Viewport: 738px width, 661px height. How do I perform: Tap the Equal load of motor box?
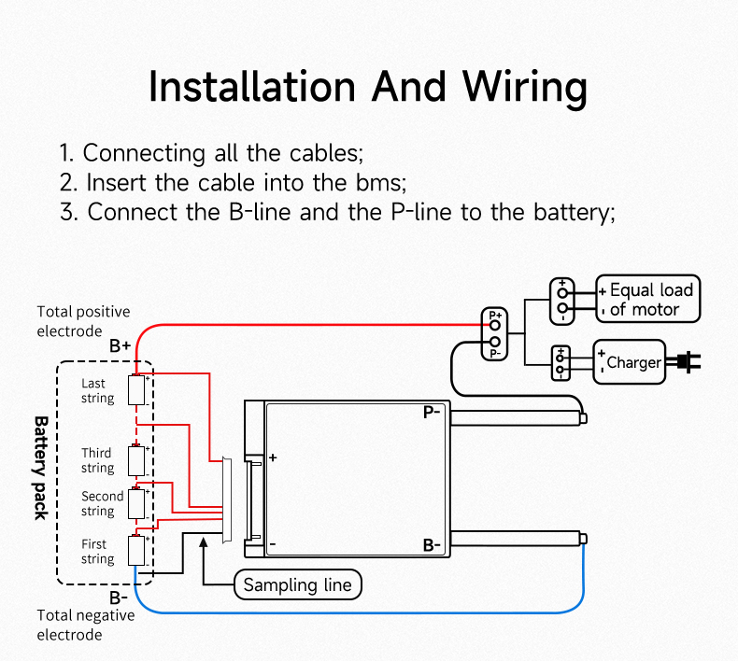click(x=647, y=299)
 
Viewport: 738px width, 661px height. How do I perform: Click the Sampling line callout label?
click(x=297, y=585)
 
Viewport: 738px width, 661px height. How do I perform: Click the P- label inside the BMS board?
click(x=432, y=412)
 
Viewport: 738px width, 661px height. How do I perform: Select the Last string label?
click(x=97, y=390)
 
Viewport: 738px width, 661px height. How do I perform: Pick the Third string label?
click(x=97, y=460)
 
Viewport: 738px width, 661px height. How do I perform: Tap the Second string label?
click(x=102, y=503)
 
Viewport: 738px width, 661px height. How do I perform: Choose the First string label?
click(x=97, y=551)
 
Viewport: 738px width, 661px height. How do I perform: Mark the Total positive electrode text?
click(x=83, y=320)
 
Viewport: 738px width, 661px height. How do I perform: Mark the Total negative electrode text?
click(x=85, y=625)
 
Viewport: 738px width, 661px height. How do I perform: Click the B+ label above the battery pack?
click(x=120, y=345)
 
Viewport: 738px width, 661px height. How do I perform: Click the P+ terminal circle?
click(x=495, y=325)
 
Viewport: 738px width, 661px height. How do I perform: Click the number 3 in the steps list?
click(x=67, y=211)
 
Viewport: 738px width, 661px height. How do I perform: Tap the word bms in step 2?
click(x=382, y=181)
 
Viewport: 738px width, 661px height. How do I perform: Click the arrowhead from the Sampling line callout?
click(x=204, y=544)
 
